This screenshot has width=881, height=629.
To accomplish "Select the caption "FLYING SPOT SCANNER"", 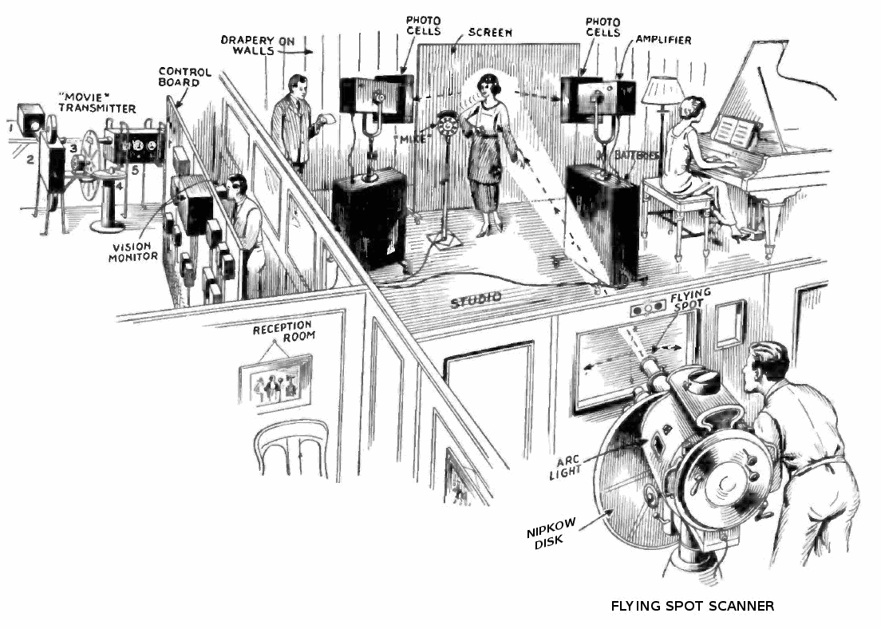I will (692, 606).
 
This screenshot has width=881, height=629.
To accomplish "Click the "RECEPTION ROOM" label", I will (283, 334).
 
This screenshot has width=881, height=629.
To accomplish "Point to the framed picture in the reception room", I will (276, 382).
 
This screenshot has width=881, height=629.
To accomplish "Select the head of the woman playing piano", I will (693, 109).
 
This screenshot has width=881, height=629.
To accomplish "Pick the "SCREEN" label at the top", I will (490, 33).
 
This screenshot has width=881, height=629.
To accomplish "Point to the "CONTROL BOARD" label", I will (184, 77).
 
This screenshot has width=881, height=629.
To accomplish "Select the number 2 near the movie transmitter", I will (30, 159).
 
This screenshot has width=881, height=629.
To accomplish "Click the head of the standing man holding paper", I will (296, 85).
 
